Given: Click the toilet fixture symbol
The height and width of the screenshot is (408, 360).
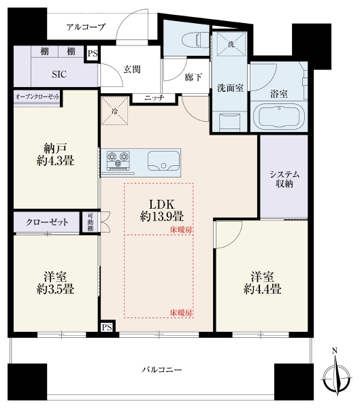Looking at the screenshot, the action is tap(196, 40).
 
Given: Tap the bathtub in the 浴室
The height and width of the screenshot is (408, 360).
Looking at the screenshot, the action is tap(279, 116).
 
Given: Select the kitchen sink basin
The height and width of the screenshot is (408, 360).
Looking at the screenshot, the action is tap(163, 161).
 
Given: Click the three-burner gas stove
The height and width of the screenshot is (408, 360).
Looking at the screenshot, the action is tap(118, 161).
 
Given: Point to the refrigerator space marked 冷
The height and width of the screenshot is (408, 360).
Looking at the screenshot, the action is tap(114, 111).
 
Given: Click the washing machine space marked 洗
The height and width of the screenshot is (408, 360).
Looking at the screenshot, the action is tap(231, 44).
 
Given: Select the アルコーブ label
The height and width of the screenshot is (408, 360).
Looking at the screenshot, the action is tap(86, 27).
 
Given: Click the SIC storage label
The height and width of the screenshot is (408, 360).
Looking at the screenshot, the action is tap(59, 74).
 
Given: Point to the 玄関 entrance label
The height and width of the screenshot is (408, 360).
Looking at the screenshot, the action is tap(132, 69).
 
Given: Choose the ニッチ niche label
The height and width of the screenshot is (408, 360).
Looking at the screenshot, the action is tap(154, 98).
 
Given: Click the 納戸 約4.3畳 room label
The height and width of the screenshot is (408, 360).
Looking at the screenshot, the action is tap(55, 154).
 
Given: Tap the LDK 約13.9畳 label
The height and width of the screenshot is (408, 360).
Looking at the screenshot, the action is tap(162, 210).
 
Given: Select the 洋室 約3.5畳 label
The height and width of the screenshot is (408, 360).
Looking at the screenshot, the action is tap(55, 283).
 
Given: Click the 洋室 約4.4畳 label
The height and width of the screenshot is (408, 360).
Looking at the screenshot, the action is tap(262, 283).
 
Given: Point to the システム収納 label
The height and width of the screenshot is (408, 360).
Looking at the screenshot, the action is tap(284, 179).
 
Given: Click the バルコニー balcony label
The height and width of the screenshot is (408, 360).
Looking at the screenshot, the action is tap(162, 369).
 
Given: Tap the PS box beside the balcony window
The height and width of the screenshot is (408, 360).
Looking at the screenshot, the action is tap(107, 327).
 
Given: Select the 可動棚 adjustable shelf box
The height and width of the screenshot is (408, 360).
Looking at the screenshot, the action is tap(90, 222).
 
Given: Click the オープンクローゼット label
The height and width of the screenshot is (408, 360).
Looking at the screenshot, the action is tap(37, 97).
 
